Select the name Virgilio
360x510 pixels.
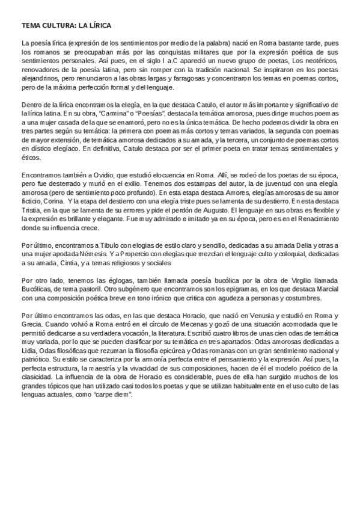[281, 281]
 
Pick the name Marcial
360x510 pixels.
[325, 289]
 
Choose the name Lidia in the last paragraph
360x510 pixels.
[29, 349]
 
